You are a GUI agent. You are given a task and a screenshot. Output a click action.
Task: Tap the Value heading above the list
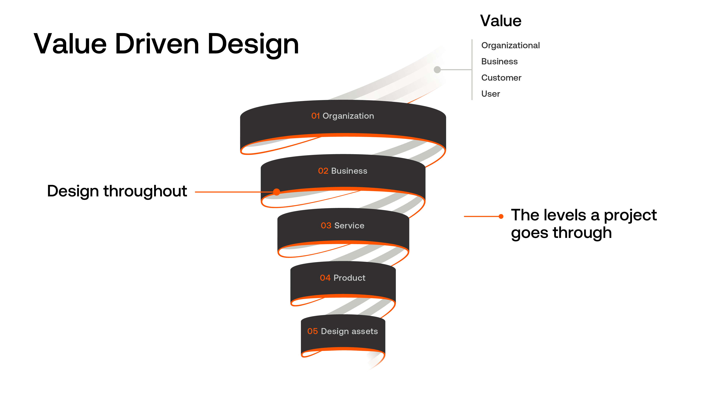click(501, 21)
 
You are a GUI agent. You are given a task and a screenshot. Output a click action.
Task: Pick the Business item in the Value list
click(499, 62)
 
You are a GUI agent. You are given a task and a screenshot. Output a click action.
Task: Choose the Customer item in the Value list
click(501, 78)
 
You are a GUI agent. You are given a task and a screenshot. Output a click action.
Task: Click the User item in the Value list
click(490, 94)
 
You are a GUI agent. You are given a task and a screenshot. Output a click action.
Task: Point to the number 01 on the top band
click(315, 116)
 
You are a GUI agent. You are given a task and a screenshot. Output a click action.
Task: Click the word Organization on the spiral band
click(348, 116)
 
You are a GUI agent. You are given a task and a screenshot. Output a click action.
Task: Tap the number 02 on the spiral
click(323, 171)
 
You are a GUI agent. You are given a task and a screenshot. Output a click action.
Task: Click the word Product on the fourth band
click(349, 278)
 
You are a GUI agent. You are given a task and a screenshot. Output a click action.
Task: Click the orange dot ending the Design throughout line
click(277, 192)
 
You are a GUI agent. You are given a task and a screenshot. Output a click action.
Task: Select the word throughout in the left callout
click(145, 191)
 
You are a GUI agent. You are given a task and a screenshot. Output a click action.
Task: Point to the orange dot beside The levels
click(501, 217)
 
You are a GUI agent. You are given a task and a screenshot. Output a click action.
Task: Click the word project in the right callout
click(630, 215)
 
